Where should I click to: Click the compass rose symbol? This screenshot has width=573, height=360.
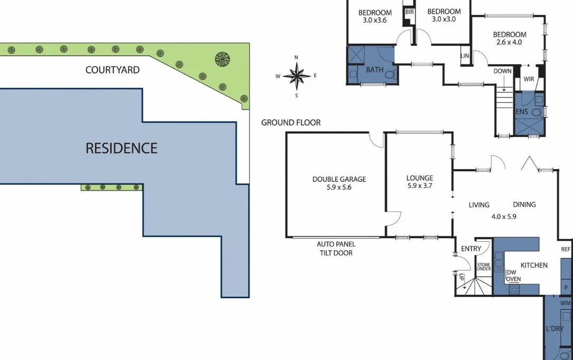pos(297,75)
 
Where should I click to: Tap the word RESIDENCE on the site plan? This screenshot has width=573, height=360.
pos(121,148)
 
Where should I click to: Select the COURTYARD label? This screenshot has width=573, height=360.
pos(112,70)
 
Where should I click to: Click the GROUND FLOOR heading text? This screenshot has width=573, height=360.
pos(291,122)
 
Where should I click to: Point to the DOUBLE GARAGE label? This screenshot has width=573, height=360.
pos(339,179)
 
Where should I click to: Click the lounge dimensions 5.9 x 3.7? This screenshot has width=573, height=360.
pos(419,186)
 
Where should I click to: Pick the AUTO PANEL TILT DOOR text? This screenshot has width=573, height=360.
pos(336,249)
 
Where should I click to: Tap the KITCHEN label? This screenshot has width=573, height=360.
pos(534,265)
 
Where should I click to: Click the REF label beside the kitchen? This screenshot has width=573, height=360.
pos(566,249)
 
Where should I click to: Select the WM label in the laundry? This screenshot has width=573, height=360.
pos(565,304)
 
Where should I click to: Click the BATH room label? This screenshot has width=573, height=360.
pos(374,69)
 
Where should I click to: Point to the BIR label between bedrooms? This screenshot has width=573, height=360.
pos(409,12)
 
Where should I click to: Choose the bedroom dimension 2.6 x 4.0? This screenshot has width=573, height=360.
pos(509,42)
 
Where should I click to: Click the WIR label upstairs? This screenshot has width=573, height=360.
pos(529,79)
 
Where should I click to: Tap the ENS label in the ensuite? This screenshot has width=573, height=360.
pos(521,112)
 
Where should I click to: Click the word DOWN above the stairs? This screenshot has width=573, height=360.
pos(502,71)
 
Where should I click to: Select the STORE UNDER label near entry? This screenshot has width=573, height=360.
pos(484,267)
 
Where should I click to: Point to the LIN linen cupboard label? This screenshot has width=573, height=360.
pos(465,56)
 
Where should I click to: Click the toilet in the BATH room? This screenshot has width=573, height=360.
pos(389,75)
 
